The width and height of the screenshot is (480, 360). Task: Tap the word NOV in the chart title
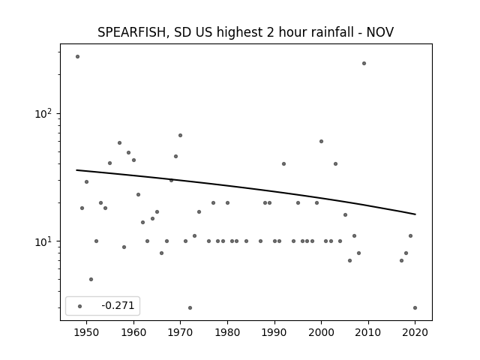pos(380,32)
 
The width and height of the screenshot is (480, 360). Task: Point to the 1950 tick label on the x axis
pos(87,332)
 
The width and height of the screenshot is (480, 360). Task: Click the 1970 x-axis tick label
pos(180,332)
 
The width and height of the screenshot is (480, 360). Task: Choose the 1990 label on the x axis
pos(274,332)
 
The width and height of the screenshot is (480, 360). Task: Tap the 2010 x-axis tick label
pos(368,332)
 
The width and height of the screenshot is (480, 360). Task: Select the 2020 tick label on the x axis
pos(415,332)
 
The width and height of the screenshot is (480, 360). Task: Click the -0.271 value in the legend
pos(118,305)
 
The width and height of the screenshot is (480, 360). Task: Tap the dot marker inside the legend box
pos(80,306)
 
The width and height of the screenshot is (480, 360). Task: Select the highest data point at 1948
pos(77,57)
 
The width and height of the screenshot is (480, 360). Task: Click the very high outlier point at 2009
pos(364,63)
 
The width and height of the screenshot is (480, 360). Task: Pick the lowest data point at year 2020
pos(415,308)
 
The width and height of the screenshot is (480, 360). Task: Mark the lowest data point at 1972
pos(190,308)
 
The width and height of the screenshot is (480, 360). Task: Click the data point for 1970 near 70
pos(180,135)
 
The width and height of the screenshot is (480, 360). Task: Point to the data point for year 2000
pos(322,142)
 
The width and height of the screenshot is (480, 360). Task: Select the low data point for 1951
pos(91,279)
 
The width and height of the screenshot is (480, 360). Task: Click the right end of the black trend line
pos(415,214)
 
